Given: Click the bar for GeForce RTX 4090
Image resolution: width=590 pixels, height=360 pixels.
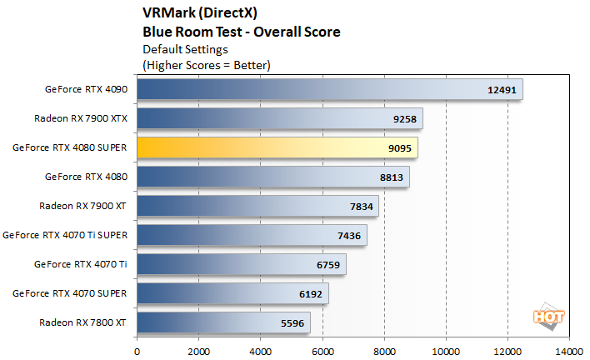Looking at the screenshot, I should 329,89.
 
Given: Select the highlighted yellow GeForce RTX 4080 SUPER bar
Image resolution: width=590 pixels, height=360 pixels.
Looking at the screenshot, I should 277,147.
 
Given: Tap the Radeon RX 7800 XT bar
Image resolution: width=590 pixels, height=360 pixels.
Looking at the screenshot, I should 223,322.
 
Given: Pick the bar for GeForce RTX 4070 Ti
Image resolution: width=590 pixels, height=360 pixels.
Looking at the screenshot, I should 241,264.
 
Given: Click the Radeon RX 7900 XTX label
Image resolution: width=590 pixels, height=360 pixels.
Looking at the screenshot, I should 81,117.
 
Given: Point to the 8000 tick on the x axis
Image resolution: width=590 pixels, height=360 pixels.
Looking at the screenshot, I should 384,352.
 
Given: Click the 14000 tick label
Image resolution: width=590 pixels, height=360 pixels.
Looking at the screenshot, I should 569,352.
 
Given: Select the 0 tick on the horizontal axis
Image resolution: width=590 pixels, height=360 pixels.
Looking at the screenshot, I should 137,352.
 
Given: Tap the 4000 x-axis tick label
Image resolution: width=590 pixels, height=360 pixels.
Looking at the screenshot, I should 261,352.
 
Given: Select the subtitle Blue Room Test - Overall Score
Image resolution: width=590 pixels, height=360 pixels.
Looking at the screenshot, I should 242,32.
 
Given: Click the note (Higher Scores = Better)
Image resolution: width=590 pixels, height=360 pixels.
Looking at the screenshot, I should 207,64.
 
